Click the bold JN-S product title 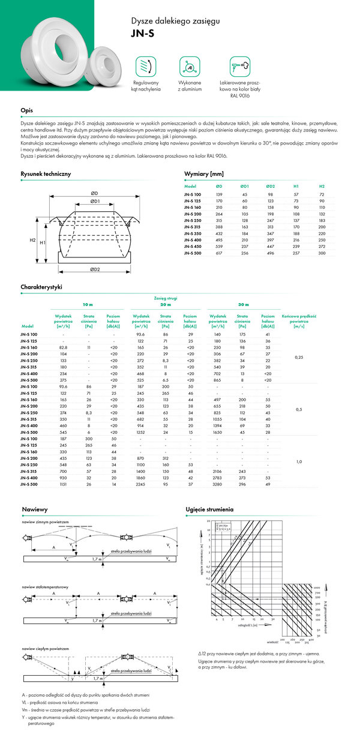point(142,34)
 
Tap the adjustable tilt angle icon point(146,65)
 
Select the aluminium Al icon point(189,65)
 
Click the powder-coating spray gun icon point(239,65)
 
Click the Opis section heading point(26,110)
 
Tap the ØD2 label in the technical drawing point(94,269)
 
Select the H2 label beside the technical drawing point(32,239)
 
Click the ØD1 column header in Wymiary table point(245,186)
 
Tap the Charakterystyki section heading point(41,287)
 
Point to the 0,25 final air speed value point(300,357)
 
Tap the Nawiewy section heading point(34,509)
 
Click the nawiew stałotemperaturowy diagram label point(45,586)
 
